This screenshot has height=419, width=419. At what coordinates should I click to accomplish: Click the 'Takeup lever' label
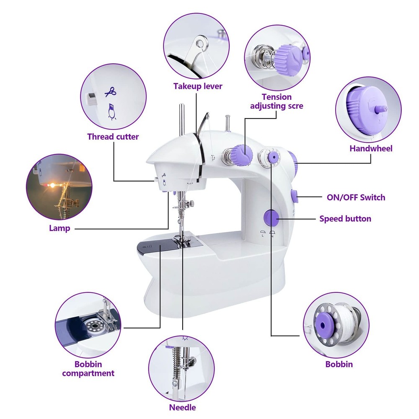tap(198, 86)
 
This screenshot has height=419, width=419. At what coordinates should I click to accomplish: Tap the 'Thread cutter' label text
tap(113, 137)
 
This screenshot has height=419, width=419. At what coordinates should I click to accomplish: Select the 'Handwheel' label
tap(371, 148)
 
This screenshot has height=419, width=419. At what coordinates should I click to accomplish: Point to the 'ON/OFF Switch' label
tap(355, 197)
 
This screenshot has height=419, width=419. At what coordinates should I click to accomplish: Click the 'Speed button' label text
tap(345, 219)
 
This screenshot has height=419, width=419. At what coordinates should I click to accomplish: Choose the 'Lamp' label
tap(59, 228)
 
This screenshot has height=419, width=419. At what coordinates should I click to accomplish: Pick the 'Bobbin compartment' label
tap(88, 369)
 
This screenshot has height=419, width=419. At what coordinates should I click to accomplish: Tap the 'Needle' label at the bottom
tap(182, 407)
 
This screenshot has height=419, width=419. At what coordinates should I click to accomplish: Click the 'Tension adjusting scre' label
tap(276, 101)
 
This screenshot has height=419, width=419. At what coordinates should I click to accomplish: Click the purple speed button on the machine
tap(271, 218)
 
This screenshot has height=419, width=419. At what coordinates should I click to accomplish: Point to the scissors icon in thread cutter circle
tap(110, 91)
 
